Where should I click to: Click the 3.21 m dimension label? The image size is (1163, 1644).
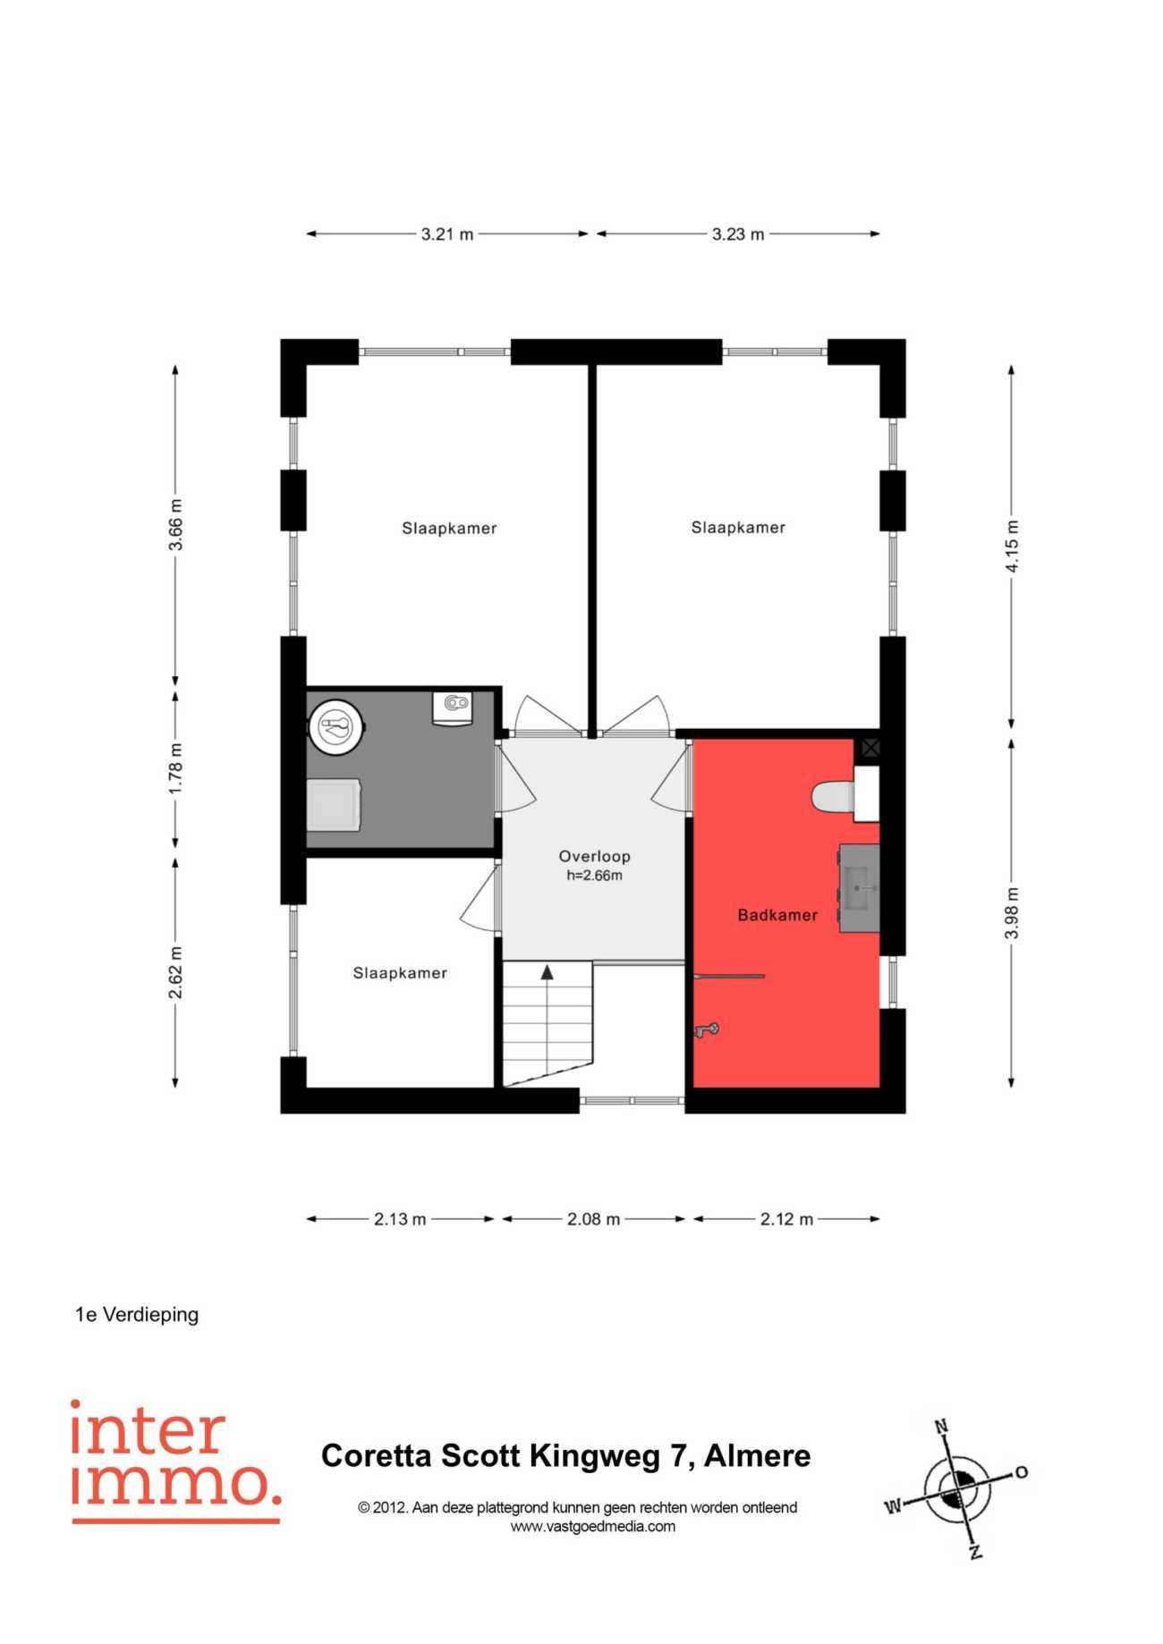pos(447,234)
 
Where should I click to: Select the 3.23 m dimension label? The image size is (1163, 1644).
pos(738,234)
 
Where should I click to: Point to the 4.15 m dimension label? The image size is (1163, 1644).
pos(1012,547)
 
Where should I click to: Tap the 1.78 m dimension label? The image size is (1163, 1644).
pos(176,768)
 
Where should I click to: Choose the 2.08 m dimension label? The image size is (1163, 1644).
pos(593,1219)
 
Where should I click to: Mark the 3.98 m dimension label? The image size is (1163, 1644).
pos(1012,913)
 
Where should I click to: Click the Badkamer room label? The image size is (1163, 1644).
pos(777,915)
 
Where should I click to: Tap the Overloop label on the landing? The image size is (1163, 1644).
pos(595,857)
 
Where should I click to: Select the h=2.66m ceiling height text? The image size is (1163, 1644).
pos(595,876)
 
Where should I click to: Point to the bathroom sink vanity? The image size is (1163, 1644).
pos(859,888)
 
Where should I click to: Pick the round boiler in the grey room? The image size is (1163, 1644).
pos(336,726)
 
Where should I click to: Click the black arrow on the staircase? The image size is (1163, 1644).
pos(547,972)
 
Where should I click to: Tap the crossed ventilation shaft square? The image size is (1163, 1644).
pos(870,747)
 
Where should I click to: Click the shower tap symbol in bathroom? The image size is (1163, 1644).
pos(707,1030)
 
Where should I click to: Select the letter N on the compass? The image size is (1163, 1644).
pos(941,1427)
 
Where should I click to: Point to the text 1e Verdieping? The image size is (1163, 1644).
pos(137,1315)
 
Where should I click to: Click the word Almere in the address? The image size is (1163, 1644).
pos(757,1456)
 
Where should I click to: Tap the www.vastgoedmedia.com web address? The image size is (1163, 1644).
pos(593,1527)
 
